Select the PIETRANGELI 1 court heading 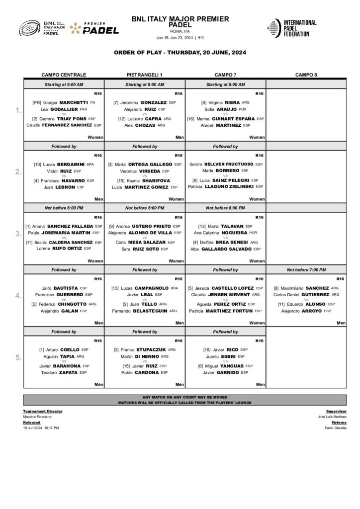click(145, 75)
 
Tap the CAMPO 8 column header click(306, 75)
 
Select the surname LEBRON click(65, 187)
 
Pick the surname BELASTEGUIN click(150, 311)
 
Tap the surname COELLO click(69, 349)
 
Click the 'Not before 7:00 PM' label click(306, 270)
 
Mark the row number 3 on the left click(18, 234)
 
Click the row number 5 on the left click(18, 357)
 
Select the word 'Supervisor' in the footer click(336, 412)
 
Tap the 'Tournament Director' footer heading click(41, 412)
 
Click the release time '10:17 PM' click(52, 427)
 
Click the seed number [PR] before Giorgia click(37, 102)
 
